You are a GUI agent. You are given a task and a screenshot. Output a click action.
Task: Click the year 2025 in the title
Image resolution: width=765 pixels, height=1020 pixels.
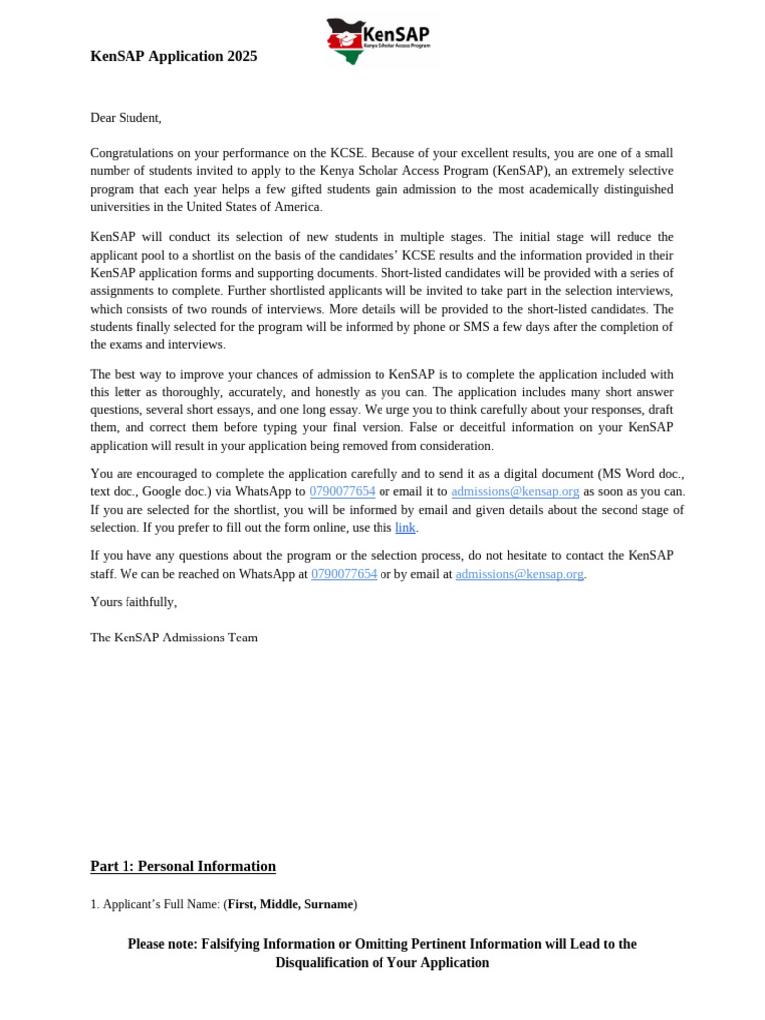tap(241, 56)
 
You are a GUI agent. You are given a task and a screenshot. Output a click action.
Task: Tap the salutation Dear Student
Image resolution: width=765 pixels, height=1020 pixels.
tap(126, 118)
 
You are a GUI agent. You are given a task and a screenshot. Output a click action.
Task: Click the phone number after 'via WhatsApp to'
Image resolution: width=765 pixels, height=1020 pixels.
tap(342, 492)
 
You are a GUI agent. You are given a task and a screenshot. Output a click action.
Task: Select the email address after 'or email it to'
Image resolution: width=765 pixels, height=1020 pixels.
tap(515, 492)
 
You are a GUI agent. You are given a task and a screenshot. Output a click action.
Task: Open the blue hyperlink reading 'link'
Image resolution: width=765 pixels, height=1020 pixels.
tap(405, 528)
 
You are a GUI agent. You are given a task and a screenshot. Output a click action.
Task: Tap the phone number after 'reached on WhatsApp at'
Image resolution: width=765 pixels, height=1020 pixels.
tap(344, 574)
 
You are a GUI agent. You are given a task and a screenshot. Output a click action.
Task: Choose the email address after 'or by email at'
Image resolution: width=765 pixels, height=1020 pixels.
tap(519, 574)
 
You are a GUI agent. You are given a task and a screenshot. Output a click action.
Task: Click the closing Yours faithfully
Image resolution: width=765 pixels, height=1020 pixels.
tap(133, 602)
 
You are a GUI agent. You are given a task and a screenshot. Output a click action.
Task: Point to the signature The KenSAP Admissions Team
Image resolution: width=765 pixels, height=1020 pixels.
tap(173, 637)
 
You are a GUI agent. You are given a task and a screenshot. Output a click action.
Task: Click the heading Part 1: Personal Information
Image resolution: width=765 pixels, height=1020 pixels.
tap(182, 867)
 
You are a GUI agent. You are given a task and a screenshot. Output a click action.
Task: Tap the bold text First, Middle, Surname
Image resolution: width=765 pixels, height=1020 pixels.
tap(290, 905)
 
